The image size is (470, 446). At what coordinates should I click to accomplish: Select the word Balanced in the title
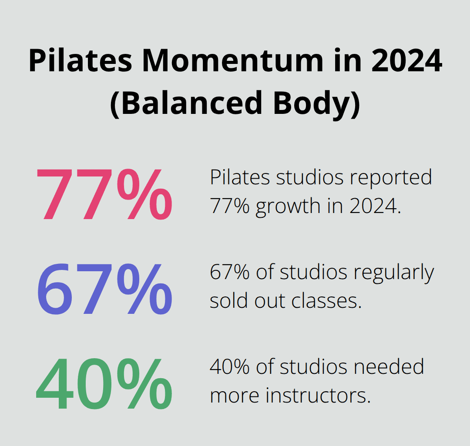point(188,103)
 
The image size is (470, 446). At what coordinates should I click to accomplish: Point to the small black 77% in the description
point(230,206)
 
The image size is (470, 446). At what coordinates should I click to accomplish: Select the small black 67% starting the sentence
point(230,273)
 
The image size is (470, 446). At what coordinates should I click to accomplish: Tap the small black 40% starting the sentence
point(230,367)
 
